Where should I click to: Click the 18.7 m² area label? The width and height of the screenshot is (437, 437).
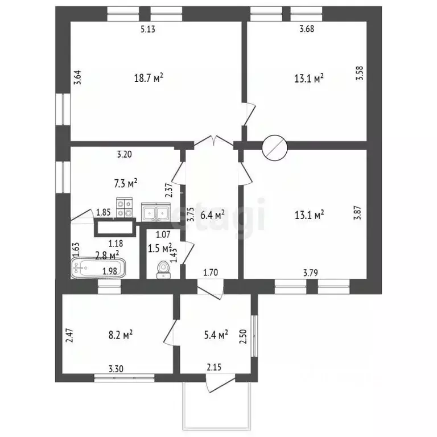click(149, 78)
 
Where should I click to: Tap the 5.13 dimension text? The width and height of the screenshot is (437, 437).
click(148, 29)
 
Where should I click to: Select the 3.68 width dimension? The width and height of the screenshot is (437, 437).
click(307, 28)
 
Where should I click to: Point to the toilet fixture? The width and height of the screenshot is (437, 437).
click(163, 270)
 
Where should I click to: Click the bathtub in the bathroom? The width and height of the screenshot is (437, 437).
click(98, 268)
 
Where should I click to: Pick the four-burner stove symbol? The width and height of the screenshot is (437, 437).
click(124, 207)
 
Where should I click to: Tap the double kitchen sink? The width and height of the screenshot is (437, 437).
click(155, 212)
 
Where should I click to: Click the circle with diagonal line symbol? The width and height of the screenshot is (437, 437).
click(274, 148)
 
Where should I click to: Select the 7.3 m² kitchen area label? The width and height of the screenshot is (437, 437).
click(126, 183)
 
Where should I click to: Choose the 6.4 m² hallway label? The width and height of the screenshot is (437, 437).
click(213, 215)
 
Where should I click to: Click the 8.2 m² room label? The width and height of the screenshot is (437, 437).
click(121, 335)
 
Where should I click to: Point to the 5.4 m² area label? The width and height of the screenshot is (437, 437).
click(216, 335)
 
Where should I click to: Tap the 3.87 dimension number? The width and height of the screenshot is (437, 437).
click(357, 213)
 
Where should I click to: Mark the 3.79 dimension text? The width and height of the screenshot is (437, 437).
click(311, 273)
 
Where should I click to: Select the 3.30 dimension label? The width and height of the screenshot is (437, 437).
click(116, 369)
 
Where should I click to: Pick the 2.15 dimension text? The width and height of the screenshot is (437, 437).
click(214, 368)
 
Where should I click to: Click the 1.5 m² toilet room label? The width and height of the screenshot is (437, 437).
click(160, 248)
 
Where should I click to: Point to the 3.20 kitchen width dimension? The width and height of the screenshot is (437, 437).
click(124, 154)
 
